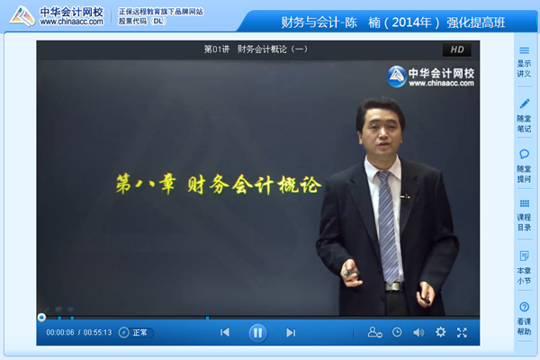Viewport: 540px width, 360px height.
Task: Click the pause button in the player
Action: [257, 332]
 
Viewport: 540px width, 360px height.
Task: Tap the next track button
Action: [291, 332]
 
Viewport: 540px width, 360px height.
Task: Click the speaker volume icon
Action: [418, 332]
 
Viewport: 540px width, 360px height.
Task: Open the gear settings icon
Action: [440, 332]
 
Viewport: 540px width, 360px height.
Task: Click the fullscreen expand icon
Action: [462, 332]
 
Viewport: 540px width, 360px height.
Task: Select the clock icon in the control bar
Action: [397, 332]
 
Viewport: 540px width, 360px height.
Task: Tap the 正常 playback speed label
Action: [140, 332]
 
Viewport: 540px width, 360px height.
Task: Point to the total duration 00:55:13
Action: [97, 332]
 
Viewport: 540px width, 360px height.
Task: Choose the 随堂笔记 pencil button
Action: [524, 115]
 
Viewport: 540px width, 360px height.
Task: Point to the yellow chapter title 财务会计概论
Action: [218, 186]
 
